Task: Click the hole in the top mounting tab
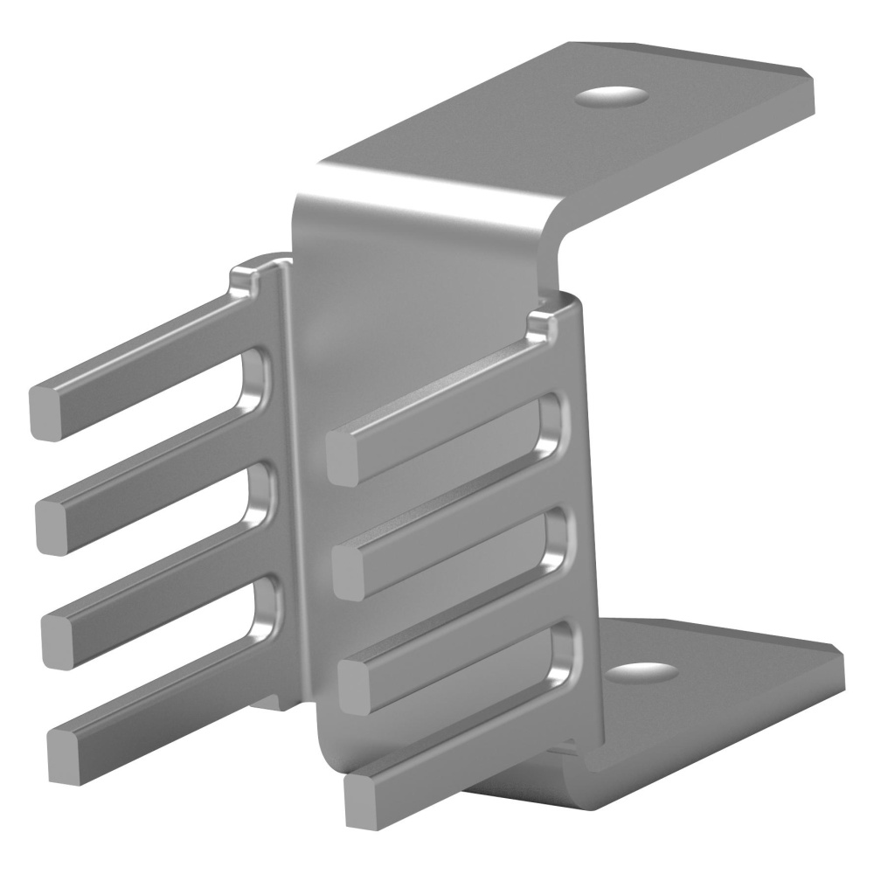(x=612, y=95)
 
